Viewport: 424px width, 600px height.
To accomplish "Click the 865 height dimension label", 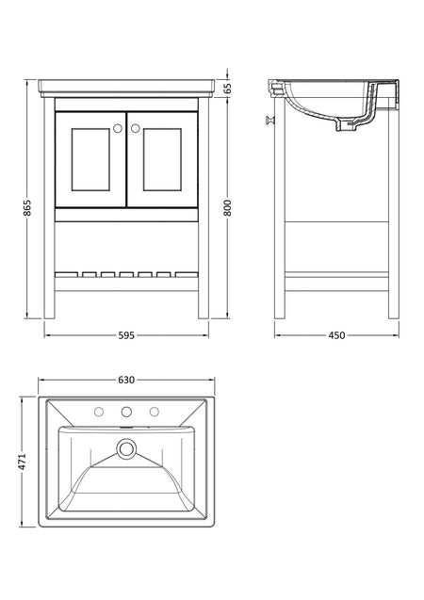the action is pyautogui.click(x=27, y=207).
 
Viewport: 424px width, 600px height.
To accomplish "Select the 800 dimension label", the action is pyautogui.click(x=227, y=207).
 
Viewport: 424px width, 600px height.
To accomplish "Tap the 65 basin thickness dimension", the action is pyautogui.click(x=227, y=89).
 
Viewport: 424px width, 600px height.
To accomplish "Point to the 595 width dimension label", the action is pyautogui.click(x=126, y=335).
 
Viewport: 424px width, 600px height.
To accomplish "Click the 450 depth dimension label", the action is pyautogui.click(x=336, y=335).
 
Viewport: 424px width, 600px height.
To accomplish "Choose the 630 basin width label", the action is pyautogui.click(x=126, y=380).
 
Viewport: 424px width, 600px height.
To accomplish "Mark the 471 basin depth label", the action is pyautogui.click(x=22, y=462).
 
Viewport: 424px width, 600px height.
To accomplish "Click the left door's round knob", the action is pyautogui.click(x=118, y=128).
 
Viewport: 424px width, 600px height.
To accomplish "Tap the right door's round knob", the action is pyautogui.click(x=135, y=128).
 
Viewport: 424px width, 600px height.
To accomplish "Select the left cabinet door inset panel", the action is pyautogui.click(x=90, y=159).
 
